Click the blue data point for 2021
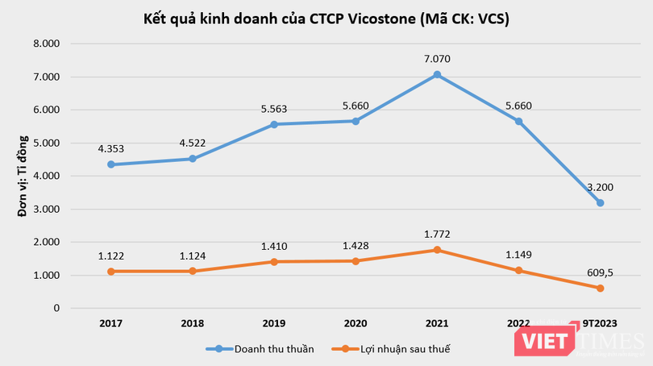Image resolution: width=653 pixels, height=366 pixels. [437, 75]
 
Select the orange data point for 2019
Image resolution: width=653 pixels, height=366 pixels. [274, 262]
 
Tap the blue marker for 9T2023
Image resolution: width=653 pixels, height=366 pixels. [601, 203]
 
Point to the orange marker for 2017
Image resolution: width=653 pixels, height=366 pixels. [110, 272]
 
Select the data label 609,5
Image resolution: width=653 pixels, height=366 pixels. [601, 272]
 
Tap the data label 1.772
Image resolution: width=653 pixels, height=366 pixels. [437, 234]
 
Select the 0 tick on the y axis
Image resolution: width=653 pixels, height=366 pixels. [56, 309]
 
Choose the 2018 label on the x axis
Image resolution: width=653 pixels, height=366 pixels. [192, 323]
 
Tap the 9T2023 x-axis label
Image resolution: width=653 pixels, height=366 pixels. [600, 323]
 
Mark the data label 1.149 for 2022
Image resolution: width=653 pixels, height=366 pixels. [518, 254]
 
